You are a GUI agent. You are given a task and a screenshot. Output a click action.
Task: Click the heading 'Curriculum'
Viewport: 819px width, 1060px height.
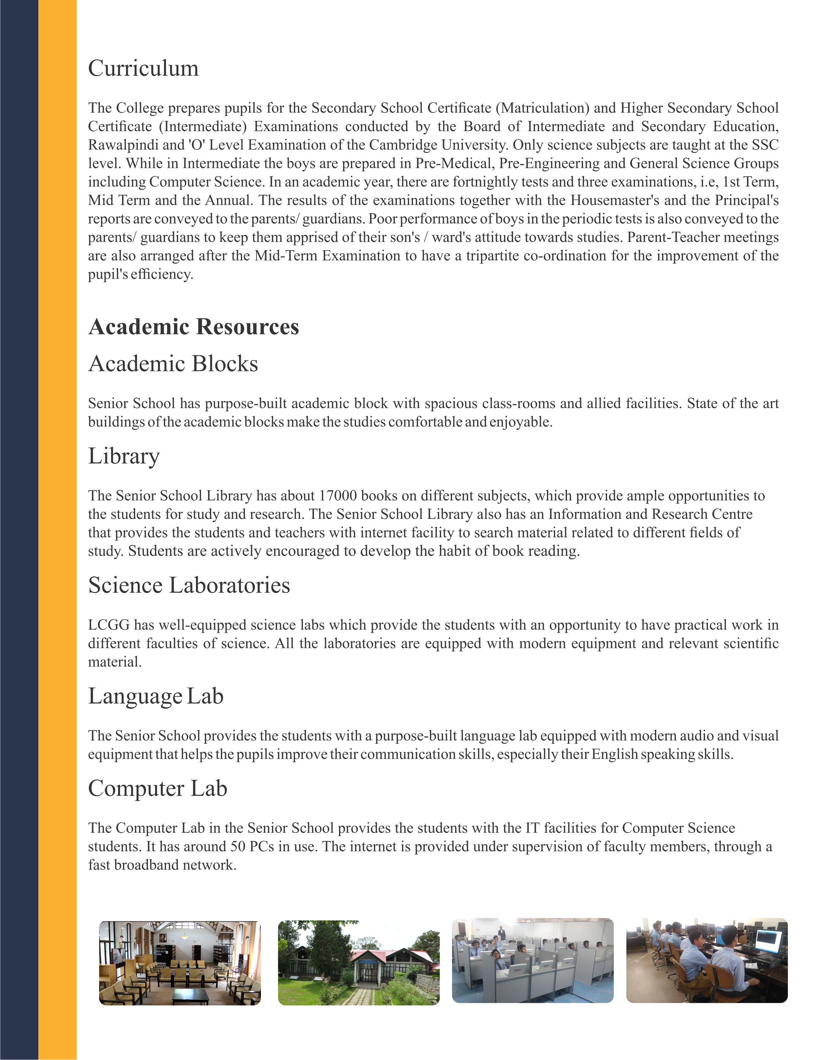click(143, 68)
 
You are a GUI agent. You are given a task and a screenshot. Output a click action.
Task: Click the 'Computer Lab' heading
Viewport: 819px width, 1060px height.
click(157, 788)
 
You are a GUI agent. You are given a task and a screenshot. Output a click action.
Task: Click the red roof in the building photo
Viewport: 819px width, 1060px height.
click(388, 955)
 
